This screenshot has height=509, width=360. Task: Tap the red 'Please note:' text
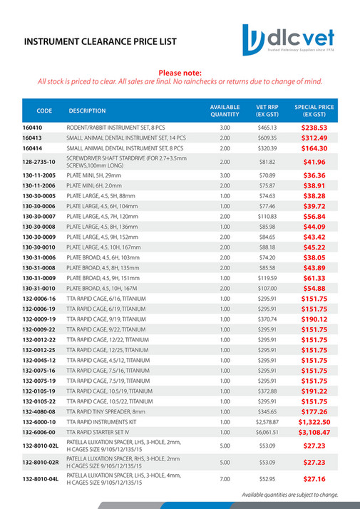pyautogui.click(x=180, y=73)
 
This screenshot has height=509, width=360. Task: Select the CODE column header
pyautogui.click(x=44, y=110)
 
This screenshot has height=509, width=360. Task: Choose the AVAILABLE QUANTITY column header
pyautogui.click(x=225, y=110)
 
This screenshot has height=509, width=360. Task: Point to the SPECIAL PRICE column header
pyautogui.click(x=314, y=110)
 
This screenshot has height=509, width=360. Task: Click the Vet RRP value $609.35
pyautogui.click(x=267, y=138)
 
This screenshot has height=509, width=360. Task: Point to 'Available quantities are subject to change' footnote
pyautogui.click(x=289, y=494)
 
